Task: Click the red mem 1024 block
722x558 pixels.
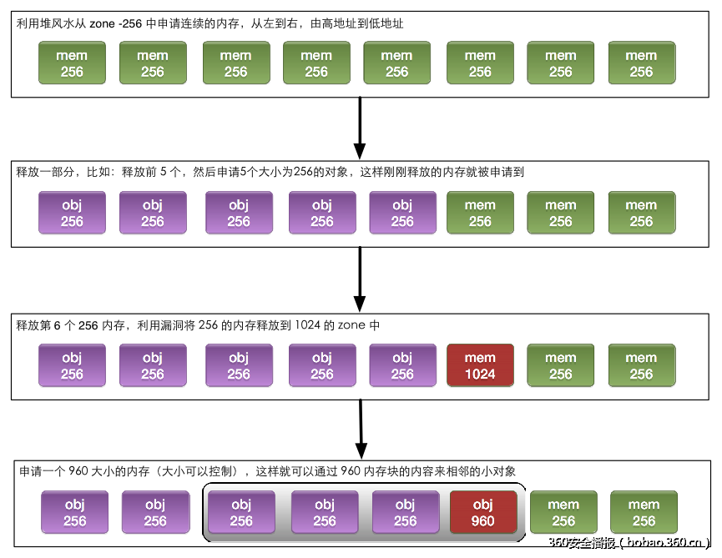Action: click(480, 365)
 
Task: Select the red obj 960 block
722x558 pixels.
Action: click(482, 512)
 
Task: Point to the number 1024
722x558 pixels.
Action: click(480, 374)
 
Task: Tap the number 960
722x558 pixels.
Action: click(482, 521)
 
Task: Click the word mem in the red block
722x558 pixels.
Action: click(480, 358)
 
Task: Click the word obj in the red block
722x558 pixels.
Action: click(482, 504)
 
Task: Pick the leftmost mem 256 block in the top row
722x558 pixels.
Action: click(72, 63)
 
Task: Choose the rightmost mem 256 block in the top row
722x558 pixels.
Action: click(641, 63)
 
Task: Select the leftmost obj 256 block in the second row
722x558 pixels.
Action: click(72, 213)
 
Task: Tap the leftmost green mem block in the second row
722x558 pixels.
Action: click(480, 213)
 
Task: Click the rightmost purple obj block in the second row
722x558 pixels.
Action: click(402, 213)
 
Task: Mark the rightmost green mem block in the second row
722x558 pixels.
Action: click(641, 213)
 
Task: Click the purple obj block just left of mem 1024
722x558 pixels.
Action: click(402, 365)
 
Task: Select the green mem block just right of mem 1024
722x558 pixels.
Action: click(560, 365)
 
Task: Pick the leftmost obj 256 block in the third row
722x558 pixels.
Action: click(72, 365)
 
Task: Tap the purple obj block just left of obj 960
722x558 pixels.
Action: click(405, 512)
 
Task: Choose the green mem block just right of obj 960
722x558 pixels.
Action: click(563, 512)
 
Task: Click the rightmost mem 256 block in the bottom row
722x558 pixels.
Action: click(644, 512)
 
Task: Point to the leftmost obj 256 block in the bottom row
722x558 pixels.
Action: click(74, 512)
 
